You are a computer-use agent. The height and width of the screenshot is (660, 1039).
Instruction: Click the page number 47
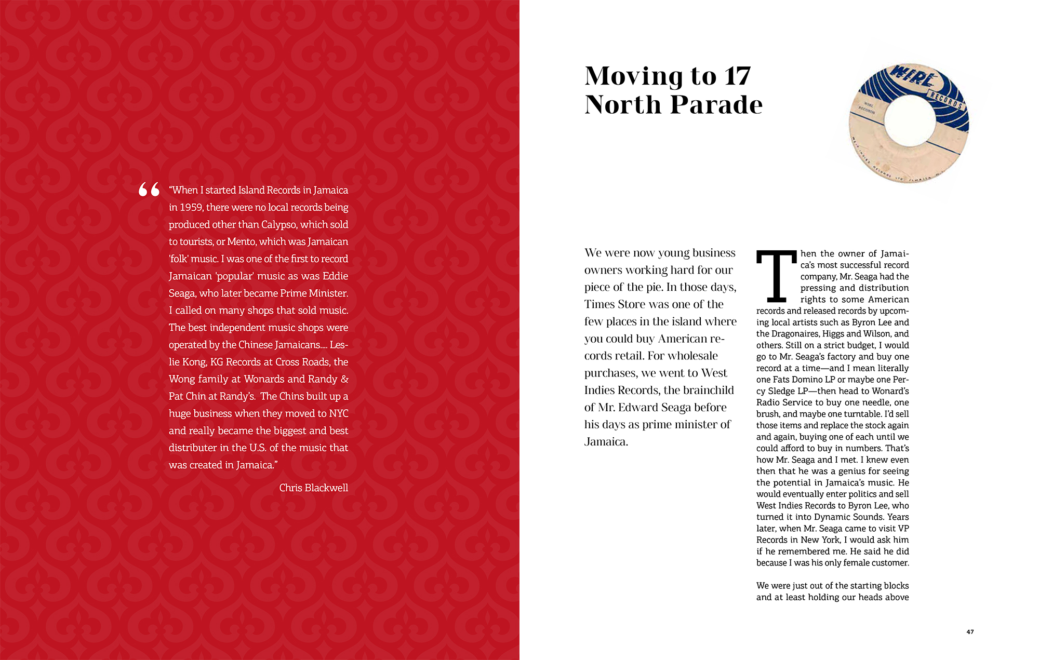pyautogui.click(x=970, y=632)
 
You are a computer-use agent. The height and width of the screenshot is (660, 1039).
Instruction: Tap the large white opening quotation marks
pyautogui.click(x=149, y=190)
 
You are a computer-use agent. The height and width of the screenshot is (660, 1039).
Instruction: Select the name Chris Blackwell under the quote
pyautogui.click(x=313, y=488)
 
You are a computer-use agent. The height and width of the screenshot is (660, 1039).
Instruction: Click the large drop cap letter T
pyautogui.click(x=776, y=276)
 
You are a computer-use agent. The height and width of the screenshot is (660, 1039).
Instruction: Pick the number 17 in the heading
pyautogui.click(x=737, y=77)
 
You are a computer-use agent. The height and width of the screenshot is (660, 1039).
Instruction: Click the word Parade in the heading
pyautogui.click(x=716, y=105)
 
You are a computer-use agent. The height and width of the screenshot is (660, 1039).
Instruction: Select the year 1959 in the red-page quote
pyautogui.click(x=191, y=207)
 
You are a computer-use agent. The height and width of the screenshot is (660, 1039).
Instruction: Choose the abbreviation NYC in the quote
pyautogui.click(x=339, y=413)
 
